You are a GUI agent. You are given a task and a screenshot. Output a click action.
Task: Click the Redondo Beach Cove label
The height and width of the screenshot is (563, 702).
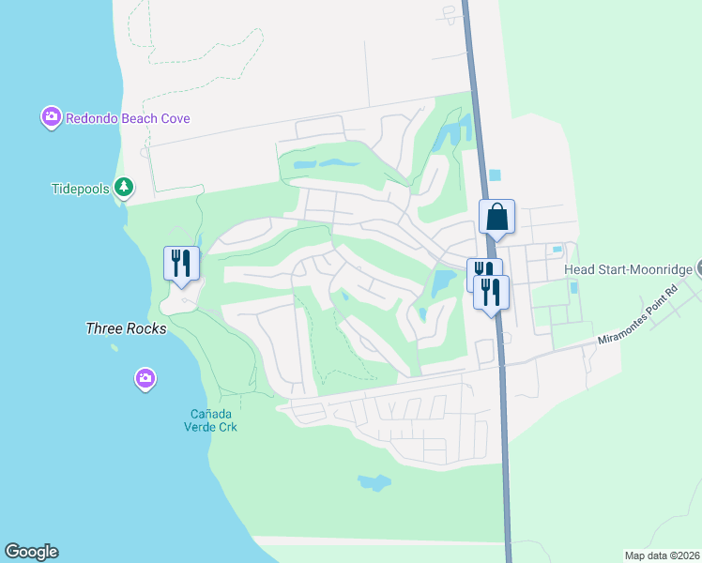coord(129,118)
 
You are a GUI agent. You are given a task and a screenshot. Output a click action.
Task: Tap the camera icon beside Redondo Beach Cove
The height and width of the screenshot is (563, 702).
coord(51,118)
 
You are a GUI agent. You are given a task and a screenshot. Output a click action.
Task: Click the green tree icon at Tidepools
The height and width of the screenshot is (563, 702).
coord(123,188)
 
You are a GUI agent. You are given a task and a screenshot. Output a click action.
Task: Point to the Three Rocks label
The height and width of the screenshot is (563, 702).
coord(126,328)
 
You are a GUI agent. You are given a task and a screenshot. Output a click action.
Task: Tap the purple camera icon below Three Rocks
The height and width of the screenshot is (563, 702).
coord(145,379)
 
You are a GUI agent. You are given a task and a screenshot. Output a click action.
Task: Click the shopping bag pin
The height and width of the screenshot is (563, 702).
coord(496,217)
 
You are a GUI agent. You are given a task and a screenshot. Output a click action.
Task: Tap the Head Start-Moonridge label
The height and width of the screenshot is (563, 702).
coord(628,269)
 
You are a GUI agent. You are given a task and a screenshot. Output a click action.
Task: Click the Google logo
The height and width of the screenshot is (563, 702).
coord(31,552)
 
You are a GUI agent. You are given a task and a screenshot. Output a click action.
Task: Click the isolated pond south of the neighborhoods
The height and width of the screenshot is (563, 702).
coord(374,482)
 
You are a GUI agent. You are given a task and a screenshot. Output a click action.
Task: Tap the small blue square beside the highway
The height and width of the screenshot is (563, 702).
coord(496,175)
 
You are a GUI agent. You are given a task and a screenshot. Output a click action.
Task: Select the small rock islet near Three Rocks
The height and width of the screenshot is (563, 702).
coord(114,347)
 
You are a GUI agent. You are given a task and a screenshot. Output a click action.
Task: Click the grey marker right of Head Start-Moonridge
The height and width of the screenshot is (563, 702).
coord(697,269)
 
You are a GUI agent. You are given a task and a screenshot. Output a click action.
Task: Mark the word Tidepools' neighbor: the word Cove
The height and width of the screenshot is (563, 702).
coord(175,118)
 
